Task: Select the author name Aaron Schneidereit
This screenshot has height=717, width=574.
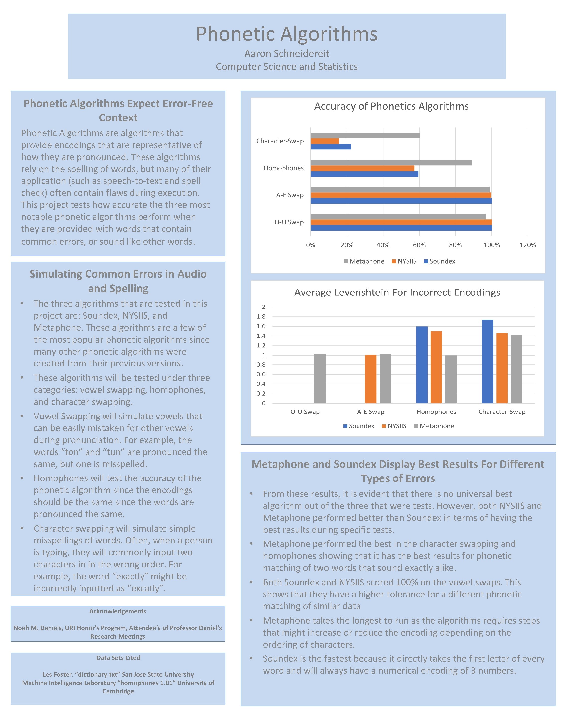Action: click(287, 54)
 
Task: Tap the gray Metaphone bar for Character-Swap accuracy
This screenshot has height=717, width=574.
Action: click(365, 136)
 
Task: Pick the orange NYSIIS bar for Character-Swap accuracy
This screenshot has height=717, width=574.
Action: click(324, 141)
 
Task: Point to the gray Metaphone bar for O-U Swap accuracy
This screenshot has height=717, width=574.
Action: click(398, 217)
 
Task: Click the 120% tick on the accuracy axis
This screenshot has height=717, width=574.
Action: click(527, 245)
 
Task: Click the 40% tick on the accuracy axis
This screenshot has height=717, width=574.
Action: click(383, 245)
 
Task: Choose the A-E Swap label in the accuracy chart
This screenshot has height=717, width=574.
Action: click(289, 195)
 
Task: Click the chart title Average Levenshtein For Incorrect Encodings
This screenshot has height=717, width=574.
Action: click(397, 292)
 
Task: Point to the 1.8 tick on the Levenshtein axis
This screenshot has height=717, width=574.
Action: click(261, 317)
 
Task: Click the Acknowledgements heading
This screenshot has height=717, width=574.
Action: click(118, 611)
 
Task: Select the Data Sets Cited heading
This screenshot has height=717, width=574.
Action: click(118, 658)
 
